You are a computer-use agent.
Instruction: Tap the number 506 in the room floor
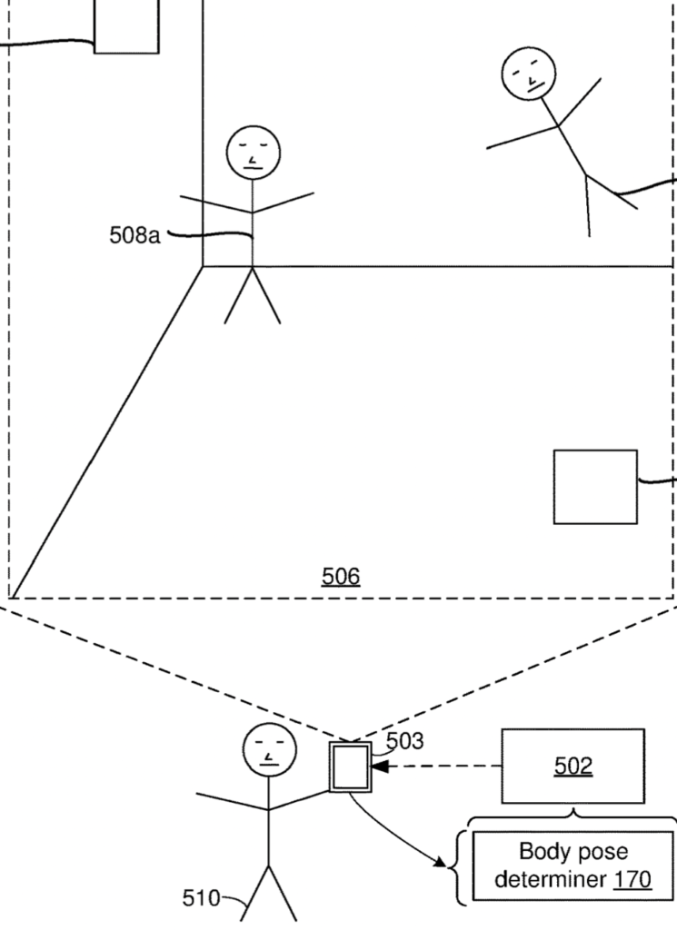(x=341, y=576)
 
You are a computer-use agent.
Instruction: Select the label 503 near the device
(x=404, y=741)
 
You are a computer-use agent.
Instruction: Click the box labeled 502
(x=572, y=766)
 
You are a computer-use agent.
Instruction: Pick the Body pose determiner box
(x=572, y=866)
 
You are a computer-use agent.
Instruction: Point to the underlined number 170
(x=632, y=879)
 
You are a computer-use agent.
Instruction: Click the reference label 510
(x=201, y=899)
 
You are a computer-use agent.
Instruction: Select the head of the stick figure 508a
(x=254, y=152)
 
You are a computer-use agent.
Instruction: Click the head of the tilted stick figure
(x=529, y=73)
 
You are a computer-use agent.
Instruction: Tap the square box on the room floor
(x=595, y=487)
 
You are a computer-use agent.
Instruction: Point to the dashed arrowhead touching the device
(x=380, y=767)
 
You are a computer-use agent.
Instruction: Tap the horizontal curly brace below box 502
(x=572, y=816)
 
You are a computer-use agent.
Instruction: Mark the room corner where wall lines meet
(x=203, y=266)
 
